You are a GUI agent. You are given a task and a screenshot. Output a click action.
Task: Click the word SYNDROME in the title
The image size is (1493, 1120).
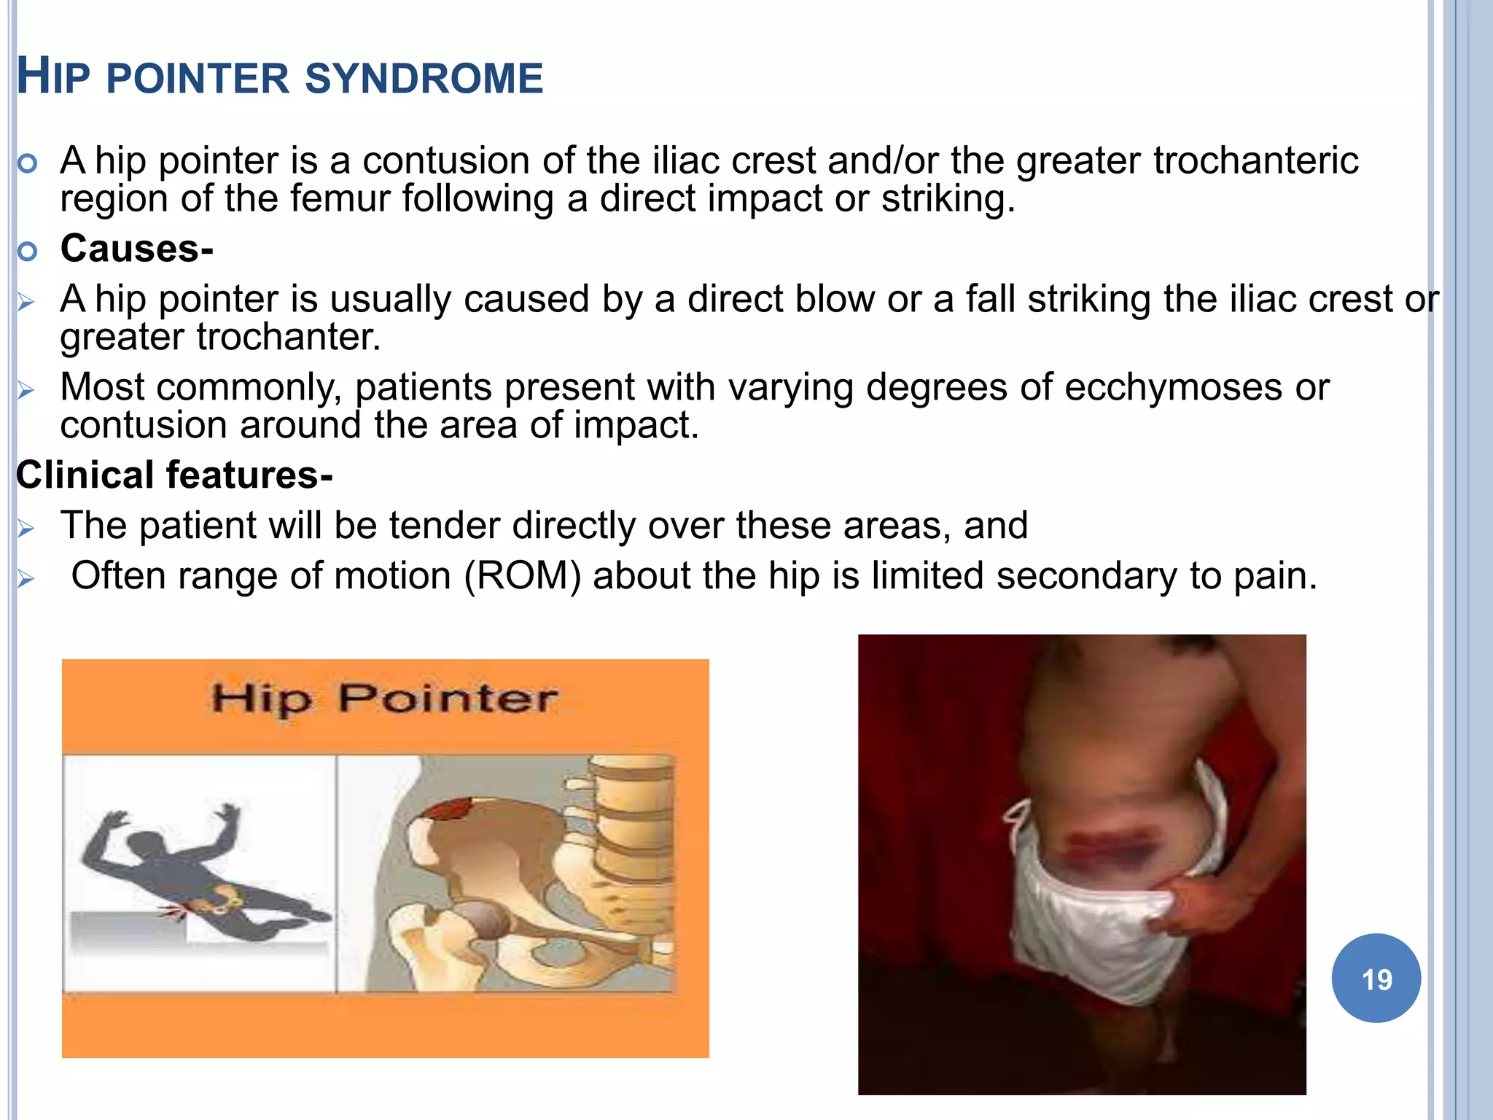pos(424,79)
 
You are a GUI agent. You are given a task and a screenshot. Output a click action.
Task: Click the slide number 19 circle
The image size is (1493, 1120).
pos(1376,979)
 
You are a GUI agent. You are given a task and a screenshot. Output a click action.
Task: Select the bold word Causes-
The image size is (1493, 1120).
pos(136,249)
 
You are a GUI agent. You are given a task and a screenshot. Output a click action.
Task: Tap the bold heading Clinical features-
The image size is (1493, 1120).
pos(174,475)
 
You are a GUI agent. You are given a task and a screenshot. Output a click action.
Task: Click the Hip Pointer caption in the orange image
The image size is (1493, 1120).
pos(384,699)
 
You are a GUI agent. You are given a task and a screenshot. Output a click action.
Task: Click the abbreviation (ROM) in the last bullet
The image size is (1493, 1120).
pos(522,576)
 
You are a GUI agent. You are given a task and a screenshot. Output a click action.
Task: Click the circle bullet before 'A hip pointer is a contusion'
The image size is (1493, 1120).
pos(27,164)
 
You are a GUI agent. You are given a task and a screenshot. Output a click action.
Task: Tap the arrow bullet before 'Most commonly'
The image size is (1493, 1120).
pos(26,390)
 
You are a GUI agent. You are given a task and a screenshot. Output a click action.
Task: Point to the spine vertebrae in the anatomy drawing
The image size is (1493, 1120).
pos(627,824)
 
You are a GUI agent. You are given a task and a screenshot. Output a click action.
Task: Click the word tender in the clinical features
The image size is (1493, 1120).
pos(448,526)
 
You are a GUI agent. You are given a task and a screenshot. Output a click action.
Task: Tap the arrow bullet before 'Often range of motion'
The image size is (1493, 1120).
pos(26,580)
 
